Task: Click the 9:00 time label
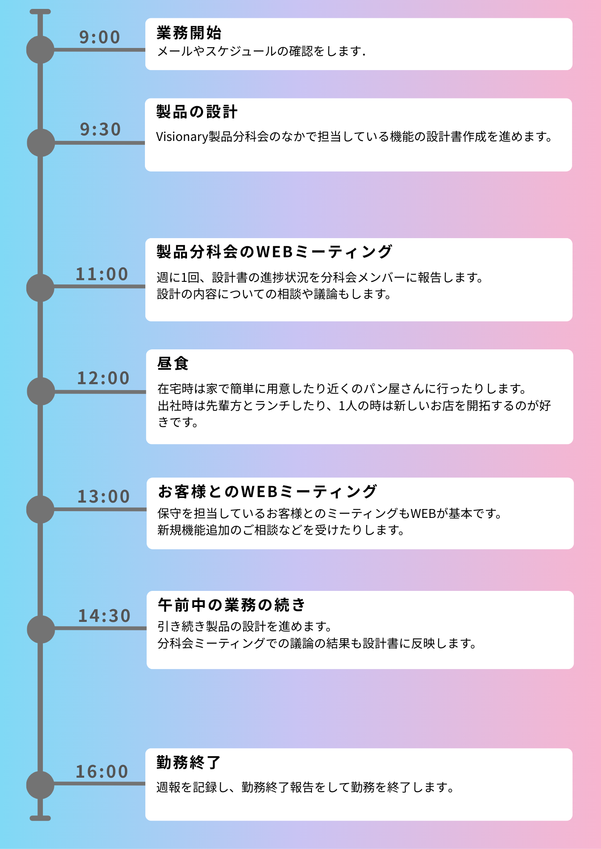(100, 37)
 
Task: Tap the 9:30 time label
(101, 129)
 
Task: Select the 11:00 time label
(102, 274)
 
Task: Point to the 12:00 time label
(103, 378)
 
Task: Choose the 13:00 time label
(104, 497)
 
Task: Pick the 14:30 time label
(105, 616)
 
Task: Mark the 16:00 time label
(102, 772)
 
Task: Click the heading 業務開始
(189, 33)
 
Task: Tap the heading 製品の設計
(197, 112)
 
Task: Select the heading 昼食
(173, 363)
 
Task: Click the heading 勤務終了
(189, 762)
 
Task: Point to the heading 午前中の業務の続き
(232, 605)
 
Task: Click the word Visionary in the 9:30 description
(182, 137)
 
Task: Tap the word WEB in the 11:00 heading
(275, 252)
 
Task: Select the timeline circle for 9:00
(40, 50)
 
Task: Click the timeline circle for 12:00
(41, 391)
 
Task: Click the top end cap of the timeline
(40, 12)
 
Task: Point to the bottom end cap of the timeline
(40, 818)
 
